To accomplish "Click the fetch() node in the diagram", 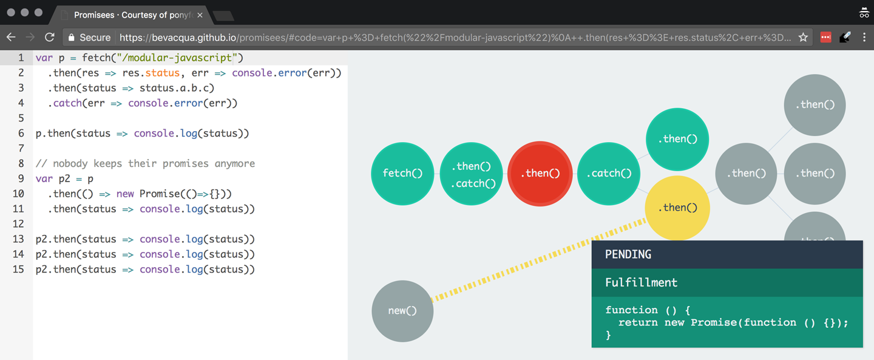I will point(402,174).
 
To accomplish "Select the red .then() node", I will point(540,174).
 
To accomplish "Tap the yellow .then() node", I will point(677,208).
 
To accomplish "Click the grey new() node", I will point(402,311).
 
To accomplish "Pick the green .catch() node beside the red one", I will point(609,174).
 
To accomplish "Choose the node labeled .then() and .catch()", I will point(471,174).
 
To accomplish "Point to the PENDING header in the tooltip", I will point(628,254).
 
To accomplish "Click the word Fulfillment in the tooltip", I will point(641,282).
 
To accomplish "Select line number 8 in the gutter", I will point(21,163).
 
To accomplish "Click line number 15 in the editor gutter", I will point(18,269).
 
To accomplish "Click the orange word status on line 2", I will point(163,73).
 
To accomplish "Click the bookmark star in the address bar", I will point(803,38).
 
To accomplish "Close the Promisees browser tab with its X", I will point(200,15).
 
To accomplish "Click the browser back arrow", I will point(11,38).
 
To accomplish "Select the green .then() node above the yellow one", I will point(677,139).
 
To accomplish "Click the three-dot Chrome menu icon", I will point(864,38).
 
